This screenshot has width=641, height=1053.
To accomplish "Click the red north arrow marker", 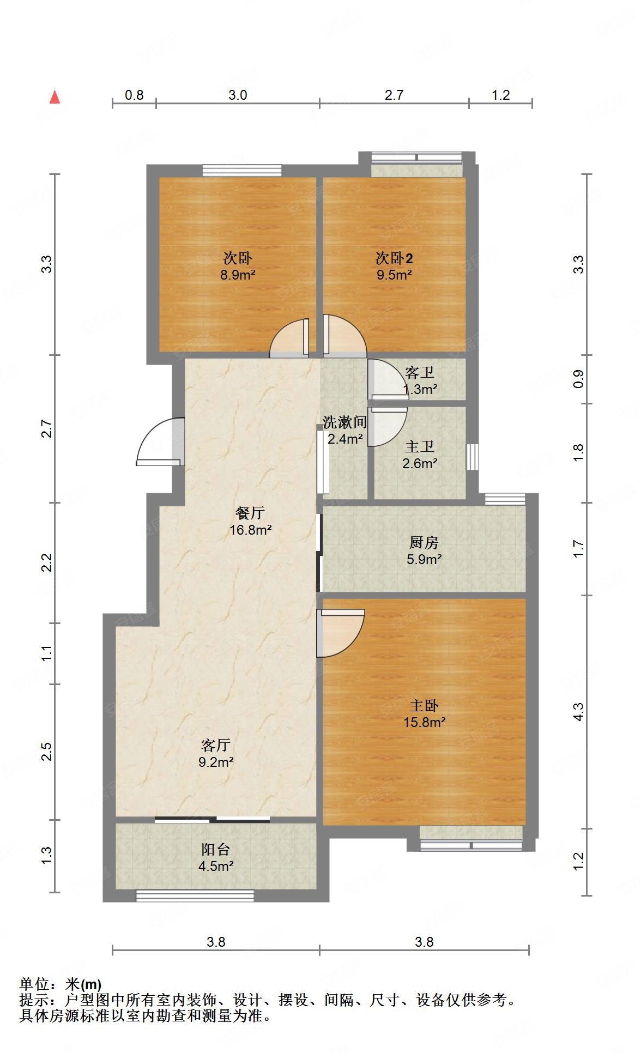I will tap(55, 97).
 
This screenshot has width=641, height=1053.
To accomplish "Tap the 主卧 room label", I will tap(424, 705).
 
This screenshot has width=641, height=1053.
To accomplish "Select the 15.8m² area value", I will tap(424, 722).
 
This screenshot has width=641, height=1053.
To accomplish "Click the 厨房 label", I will tap(424, 542).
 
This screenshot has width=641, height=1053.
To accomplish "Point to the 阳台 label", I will tap(216, 849).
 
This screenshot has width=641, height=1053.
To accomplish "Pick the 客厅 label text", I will tap(216, 745).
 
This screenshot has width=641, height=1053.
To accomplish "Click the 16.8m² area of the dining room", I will tap(250, 529).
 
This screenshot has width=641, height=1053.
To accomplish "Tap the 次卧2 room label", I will tap(394, 258).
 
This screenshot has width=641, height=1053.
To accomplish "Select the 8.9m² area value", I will tap(238, 275).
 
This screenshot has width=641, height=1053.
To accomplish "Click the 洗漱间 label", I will tap(344, 422).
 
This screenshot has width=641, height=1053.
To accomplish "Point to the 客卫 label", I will tap(420, 373).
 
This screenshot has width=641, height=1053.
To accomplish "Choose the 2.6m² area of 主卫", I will tap(420, 463).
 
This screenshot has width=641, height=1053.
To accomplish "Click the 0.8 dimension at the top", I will tap(134, 95).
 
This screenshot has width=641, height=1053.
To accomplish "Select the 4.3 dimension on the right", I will tap(578, 711).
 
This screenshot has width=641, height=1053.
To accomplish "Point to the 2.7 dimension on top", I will tap(394, 95).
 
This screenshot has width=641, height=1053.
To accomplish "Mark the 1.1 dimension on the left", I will tap(47, 653).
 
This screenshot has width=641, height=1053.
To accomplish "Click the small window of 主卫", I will tap(473, 457).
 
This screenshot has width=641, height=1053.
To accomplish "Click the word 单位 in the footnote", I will tap(34, 984).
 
